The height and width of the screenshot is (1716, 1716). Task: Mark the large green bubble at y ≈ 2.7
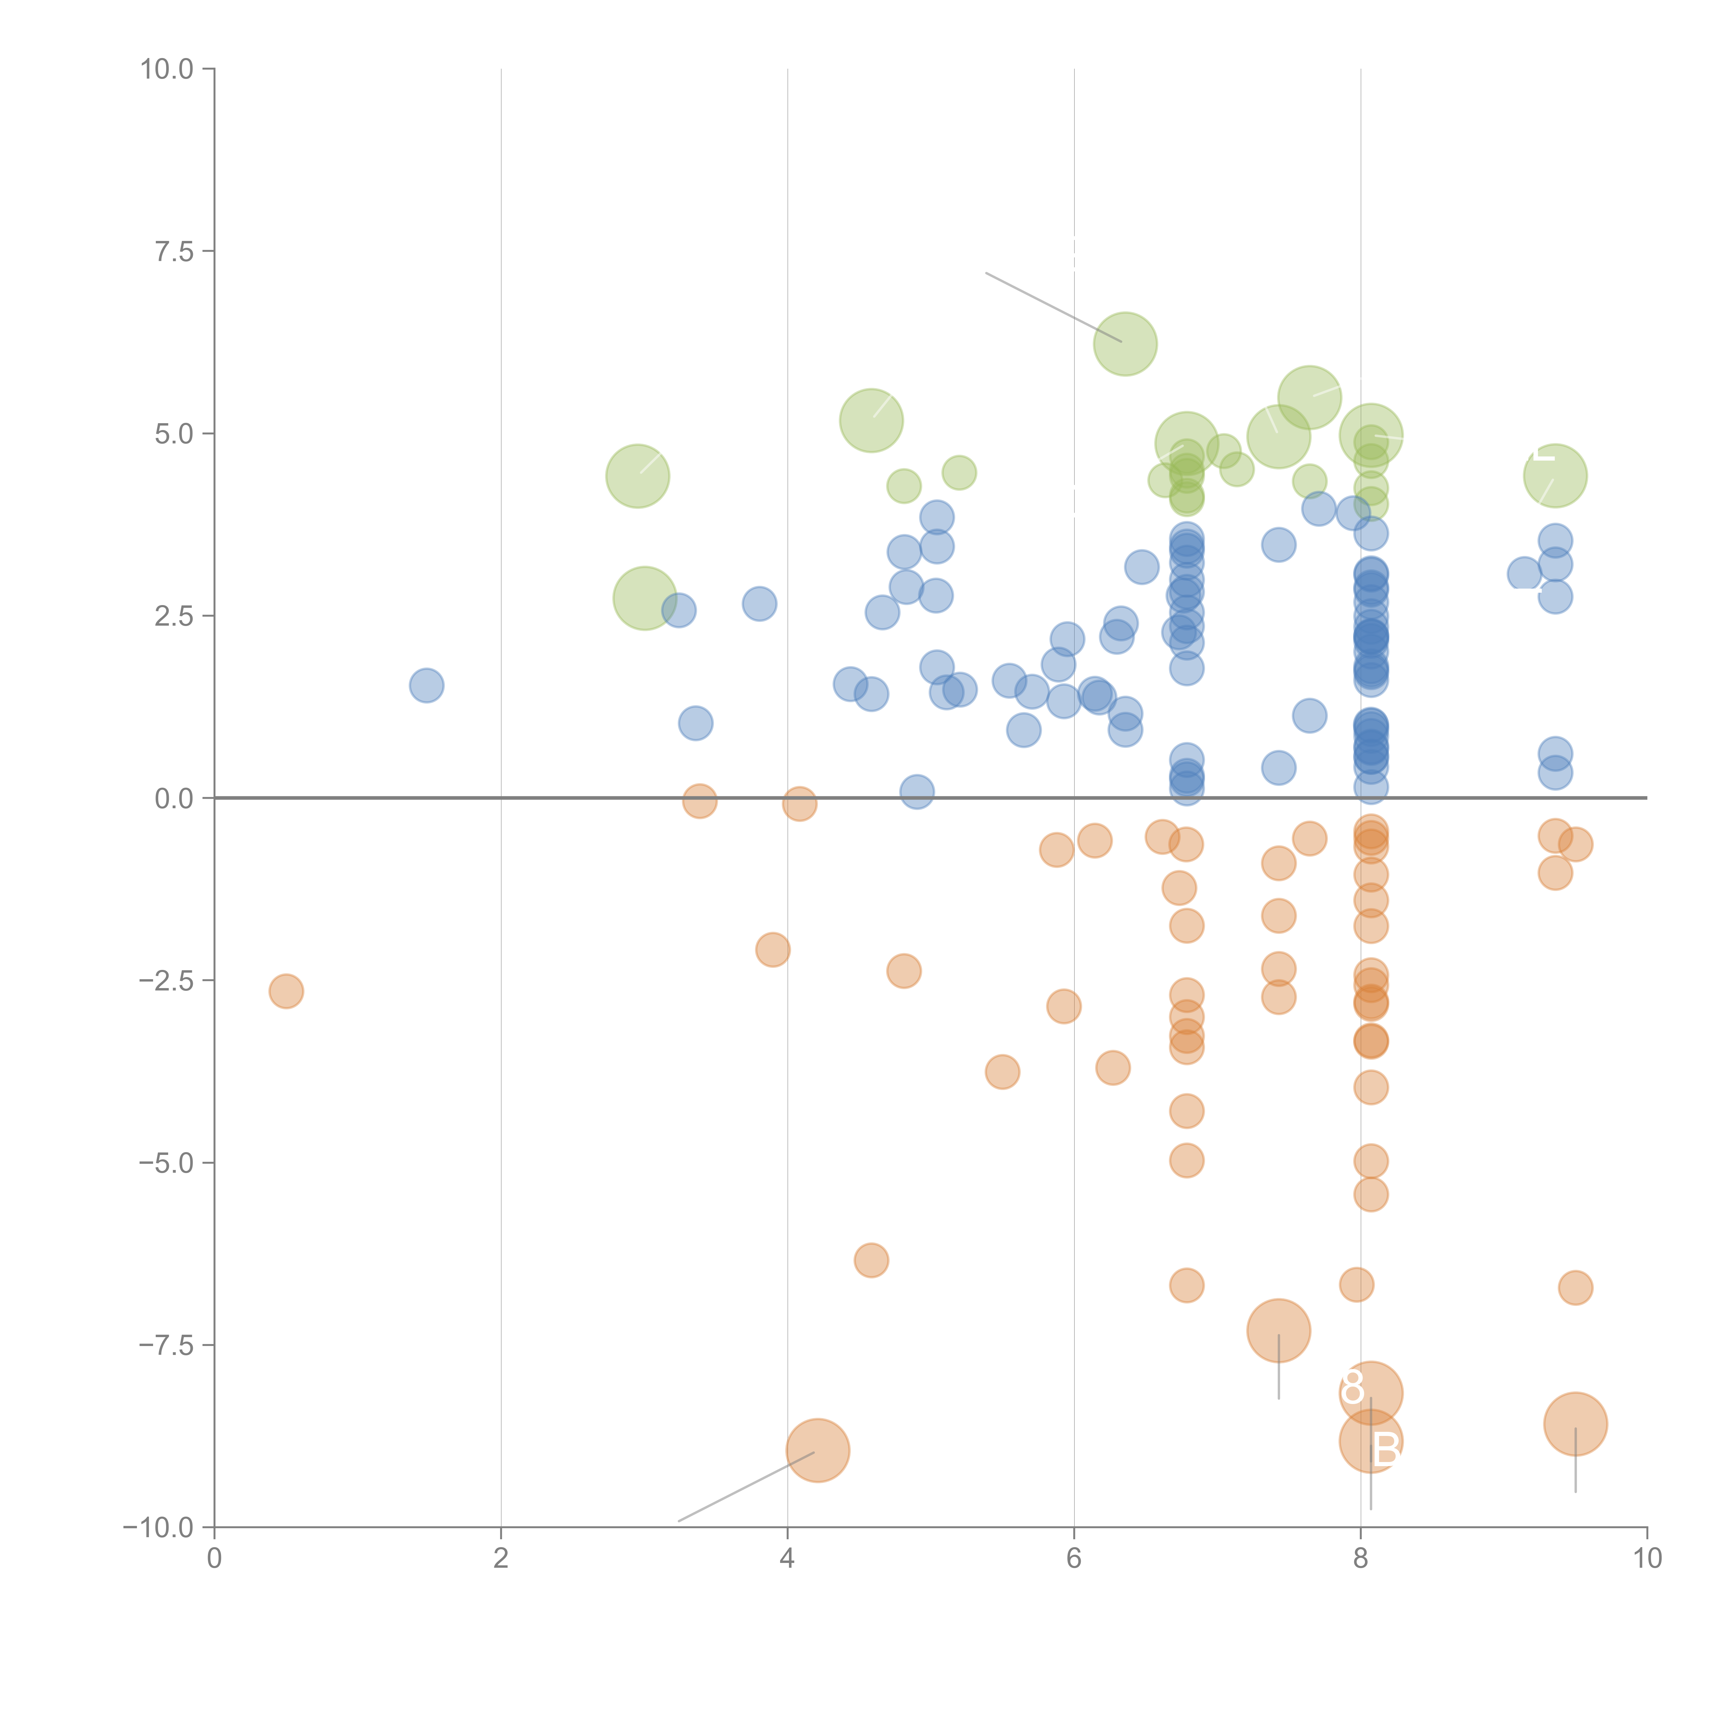click(x=645, y=599)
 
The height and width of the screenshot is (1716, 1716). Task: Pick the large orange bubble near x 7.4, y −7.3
click(x=1278, y=1331)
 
